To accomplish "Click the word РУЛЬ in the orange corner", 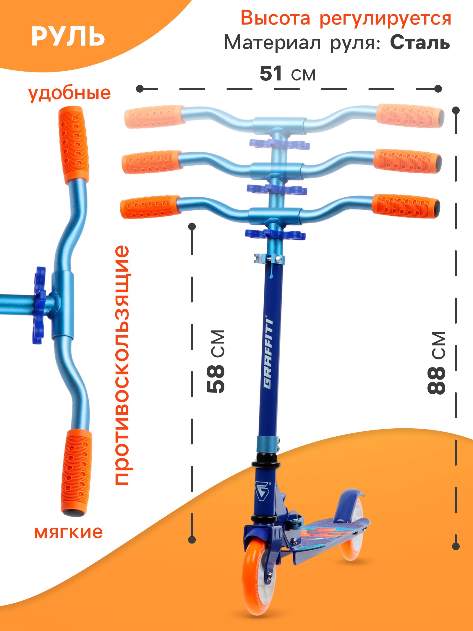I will (x=68, y=37).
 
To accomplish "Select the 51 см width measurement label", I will (x=287, y=74).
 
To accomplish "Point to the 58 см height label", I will (x=216, y=361).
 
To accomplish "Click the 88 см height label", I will (x=436, y=363).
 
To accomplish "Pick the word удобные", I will (x=69, y=93).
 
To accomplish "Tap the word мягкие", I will (x=68, y=532).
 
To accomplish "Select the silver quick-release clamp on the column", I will (x=269, y=259).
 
